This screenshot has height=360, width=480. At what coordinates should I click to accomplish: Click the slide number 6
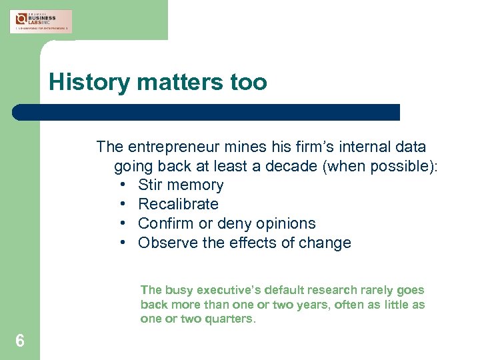[x=20, y=341]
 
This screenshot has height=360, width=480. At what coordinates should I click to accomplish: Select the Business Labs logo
[x=41, y=21]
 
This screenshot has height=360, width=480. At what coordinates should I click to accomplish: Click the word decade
[x=292, y=166]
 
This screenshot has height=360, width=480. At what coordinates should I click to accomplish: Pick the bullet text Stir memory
[x=181, y=185]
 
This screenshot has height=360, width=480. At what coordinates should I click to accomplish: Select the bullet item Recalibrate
[x=178, y=204]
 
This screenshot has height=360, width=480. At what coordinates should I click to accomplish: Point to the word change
[x=327, y=243]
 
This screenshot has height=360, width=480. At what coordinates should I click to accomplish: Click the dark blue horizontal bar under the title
[x=207, y=112]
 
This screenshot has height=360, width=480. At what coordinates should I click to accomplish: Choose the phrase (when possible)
[x=380, y=166]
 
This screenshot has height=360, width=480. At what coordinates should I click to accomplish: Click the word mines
[x=244, y=147]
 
